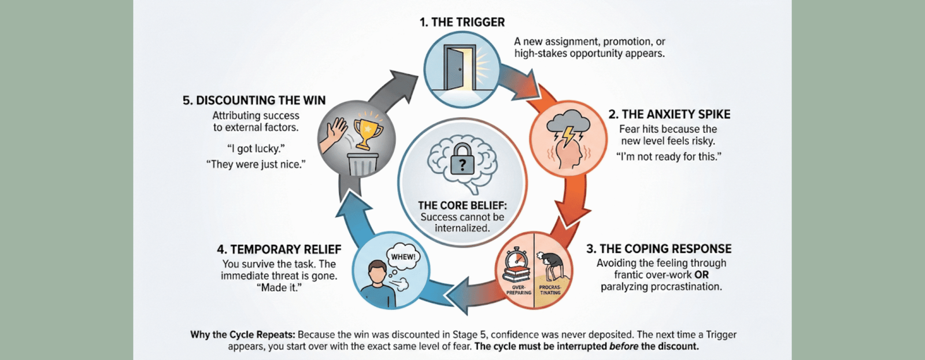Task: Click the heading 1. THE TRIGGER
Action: coord(462,22)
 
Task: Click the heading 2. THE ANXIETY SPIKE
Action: coord(669,114)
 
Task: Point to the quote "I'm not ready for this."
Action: coord(668,157)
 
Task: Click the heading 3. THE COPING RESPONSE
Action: coord(658,249)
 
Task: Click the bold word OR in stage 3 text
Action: coord(701,275)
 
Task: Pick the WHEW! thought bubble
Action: coord(403,258)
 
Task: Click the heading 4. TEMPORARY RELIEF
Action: coord(279,250)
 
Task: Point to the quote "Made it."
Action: coord(279,288)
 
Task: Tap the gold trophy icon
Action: coord(368,131)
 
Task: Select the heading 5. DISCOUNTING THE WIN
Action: coord(254,101)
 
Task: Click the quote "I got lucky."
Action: coord(256,149)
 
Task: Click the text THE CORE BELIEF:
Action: coord(462,206)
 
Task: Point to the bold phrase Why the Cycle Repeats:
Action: coord(242,335)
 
